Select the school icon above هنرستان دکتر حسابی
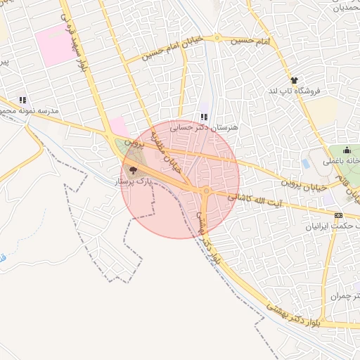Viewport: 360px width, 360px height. [204, 117]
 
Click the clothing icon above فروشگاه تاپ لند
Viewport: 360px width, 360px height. [294, 80]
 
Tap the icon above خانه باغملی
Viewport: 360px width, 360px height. [346, 150]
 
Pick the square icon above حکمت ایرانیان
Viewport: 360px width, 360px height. [339, 215]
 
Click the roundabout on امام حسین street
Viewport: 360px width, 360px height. [218, 37]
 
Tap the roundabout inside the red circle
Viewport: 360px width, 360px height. [206, 191]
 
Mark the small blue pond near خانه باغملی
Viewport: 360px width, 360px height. [306, 162]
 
